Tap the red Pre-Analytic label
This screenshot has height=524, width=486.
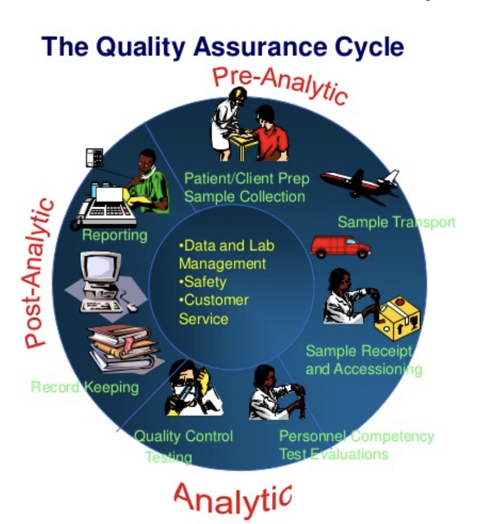click(x=280, y=84)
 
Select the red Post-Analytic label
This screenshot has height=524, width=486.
click(x=38, y=273)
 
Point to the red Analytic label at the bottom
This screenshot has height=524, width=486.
click(x=233, y=498)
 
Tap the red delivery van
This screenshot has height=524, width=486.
click(x=340, y=246)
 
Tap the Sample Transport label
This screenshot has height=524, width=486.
click(x=396, y=222)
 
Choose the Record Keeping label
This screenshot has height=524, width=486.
click(x=85, y=387)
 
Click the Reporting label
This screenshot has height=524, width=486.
click(x=115, y=235)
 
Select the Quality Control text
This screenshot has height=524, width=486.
click(x=183, y=436)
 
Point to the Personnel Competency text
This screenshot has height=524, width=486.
click(x=356, y=436)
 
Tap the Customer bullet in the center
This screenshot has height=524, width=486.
click(x=216, y=300)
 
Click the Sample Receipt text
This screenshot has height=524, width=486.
click(x=359, y=351)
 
